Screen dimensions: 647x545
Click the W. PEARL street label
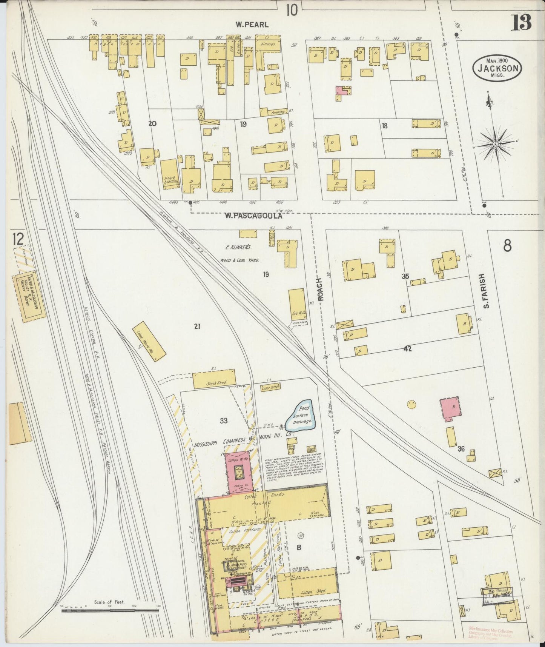(x=252, y=25)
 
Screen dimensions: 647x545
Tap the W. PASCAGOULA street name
(x=253, y=216)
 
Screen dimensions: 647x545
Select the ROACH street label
(x=321, y=290)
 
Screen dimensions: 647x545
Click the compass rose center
(x=496, y=144)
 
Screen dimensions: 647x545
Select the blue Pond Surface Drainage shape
(x=299, y=416)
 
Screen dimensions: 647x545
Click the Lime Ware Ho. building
(x=149, y=341)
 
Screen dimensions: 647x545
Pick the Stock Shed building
(x=214, y=381)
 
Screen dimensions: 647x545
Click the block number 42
(x=407, y=349)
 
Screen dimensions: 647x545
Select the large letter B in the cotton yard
(x=299, y=548)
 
